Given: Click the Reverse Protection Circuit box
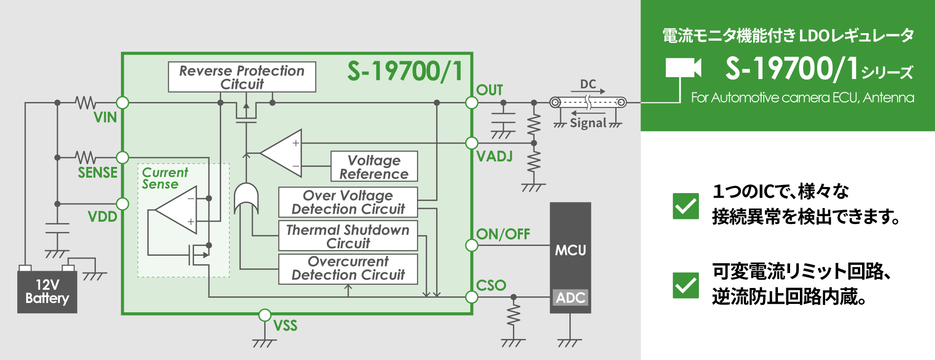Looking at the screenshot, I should [242, 77].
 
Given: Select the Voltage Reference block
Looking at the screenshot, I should [374, 166].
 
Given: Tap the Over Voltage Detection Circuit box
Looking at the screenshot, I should [348, 202].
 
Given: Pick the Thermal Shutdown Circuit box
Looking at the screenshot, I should [348, 236].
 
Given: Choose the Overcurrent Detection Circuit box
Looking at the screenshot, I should [348, 268].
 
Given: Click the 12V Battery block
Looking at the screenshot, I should [47, 292].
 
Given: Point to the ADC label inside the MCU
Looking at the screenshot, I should [570, 297].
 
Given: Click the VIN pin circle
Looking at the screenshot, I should [122, 102].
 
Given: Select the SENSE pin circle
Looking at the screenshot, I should [122, 158].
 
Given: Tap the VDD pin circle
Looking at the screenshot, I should [122, 204].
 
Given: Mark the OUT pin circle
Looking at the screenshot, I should [472, 102].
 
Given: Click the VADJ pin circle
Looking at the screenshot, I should [472, 143].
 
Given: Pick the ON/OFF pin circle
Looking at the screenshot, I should [472, 245].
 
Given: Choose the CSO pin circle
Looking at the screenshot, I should [472, 297].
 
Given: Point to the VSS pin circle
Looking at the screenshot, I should [265, 315].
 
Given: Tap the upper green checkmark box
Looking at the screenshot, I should [686, 206].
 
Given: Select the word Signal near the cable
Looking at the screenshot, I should [588, 123].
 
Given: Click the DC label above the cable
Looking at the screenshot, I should [588, 84].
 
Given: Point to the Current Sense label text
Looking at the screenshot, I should [165, 178].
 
